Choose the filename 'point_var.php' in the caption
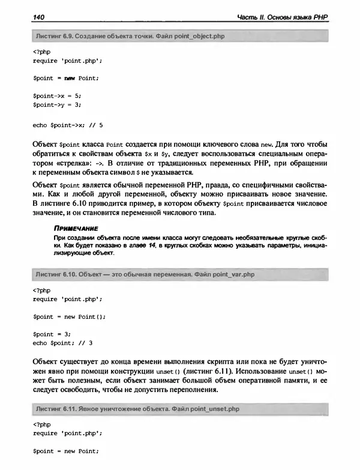[x=230, y=274]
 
